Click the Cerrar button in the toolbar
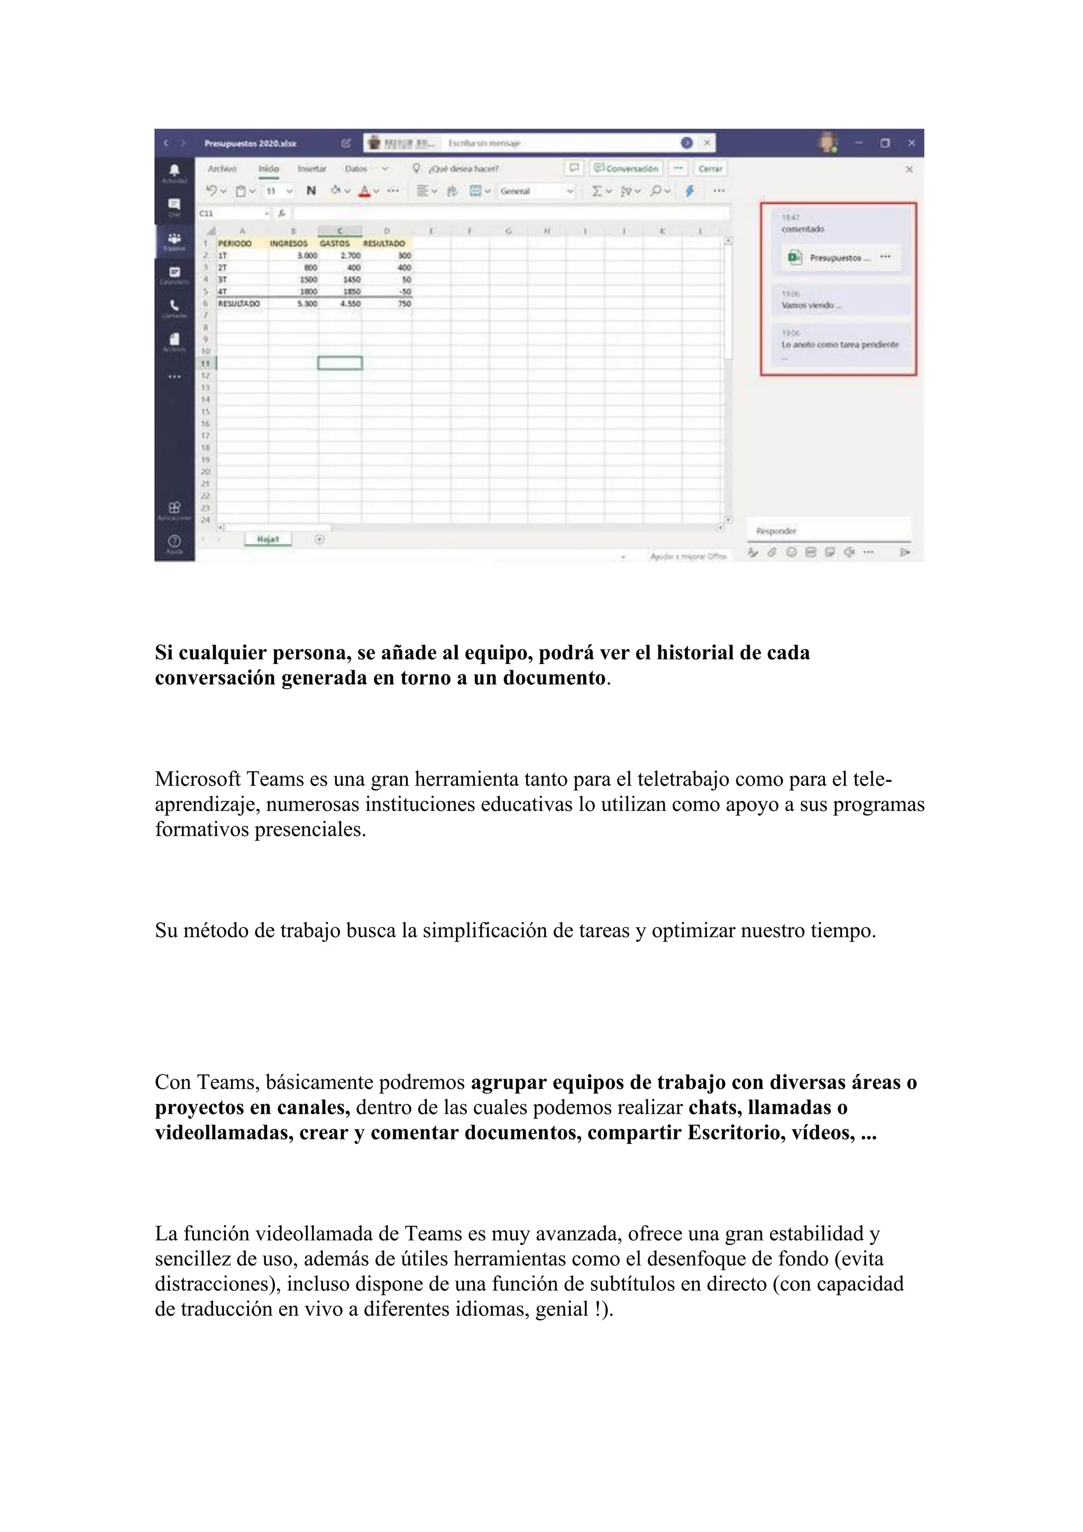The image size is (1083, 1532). coord(710,169)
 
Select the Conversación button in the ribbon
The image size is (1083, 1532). coord(626,169)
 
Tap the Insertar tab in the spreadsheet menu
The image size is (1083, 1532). coord(311,169)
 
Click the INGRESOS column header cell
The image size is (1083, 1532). coord(289,243)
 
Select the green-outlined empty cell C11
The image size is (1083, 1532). coord(340,363)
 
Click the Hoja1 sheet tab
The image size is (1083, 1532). coord(268,539)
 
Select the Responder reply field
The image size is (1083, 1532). coord(827,531)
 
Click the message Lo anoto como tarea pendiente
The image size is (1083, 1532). coord(840,345)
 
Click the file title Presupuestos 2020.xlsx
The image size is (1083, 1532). coord(250,143)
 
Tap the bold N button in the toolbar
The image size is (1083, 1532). coord(311,191)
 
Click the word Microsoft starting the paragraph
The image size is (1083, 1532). coord(197,779)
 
